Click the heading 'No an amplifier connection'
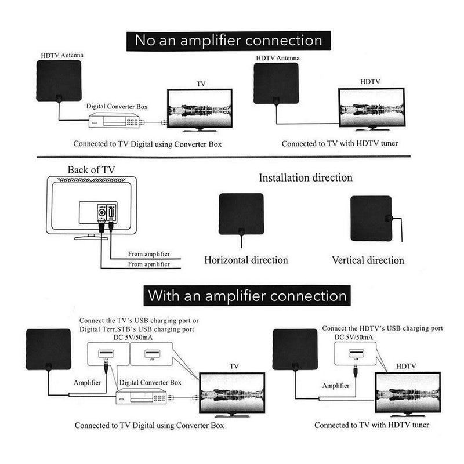[x=229, y=41]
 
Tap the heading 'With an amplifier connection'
[x=247, y=295]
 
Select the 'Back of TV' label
[x=90, y=170]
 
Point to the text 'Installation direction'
[x=305, y=177]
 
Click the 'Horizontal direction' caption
[x=246, y=260]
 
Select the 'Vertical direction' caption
[x=368, y=260]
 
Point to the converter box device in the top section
[x=114, y=122]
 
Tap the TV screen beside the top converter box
[x=199, y=111]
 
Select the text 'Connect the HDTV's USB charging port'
[x=383, y=328]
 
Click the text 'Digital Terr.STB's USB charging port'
[x=143, y=328]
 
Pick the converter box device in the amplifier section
[x=145, y=397]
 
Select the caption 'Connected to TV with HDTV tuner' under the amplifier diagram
[x=372, y=425]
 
